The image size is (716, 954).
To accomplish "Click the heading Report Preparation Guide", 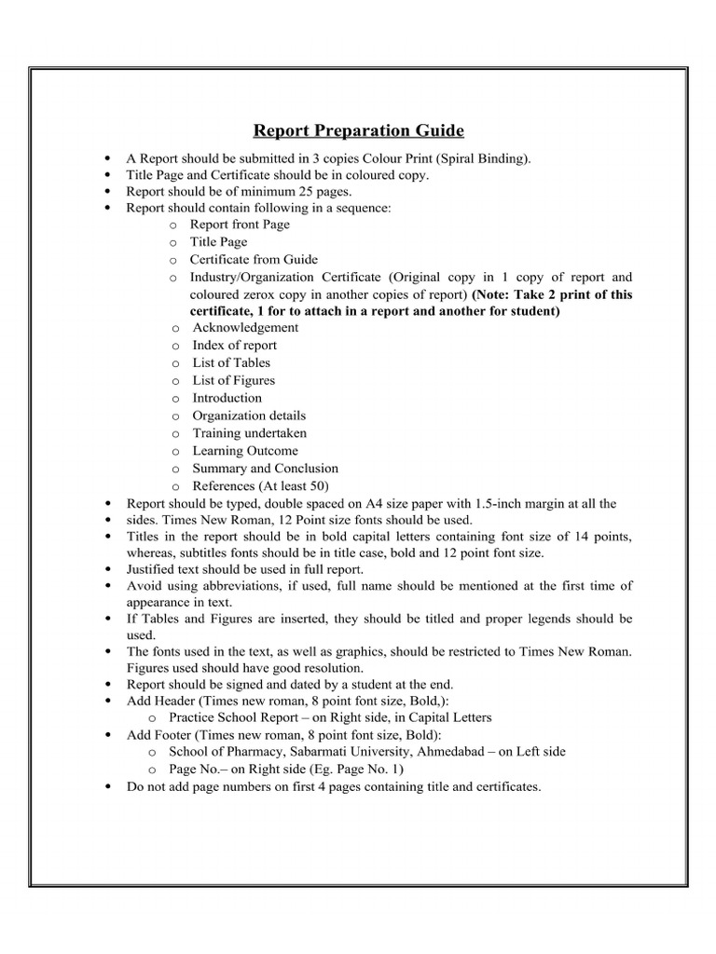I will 359,129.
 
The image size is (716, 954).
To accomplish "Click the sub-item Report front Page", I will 240,225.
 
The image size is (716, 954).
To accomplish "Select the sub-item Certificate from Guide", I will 254,260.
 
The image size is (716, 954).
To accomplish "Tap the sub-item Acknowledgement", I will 245,328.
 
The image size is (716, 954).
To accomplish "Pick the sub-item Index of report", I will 234,346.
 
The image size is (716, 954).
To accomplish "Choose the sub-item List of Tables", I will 231,363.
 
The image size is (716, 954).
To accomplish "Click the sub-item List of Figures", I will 233,381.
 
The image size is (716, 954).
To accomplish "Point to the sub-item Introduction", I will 227,399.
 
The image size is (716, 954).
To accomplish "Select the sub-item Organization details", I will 249,416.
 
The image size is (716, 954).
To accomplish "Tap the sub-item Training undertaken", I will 249,434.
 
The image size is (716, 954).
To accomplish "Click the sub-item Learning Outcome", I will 245,452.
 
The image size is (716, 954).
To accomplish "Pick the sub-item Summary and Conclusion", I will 265,469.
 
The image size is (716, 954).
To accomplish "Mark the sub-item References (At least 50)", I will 260,486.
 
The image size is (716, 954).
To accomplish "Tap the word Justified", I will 153,568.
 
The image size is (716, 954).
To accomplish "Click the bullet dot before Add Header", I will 110,701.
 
